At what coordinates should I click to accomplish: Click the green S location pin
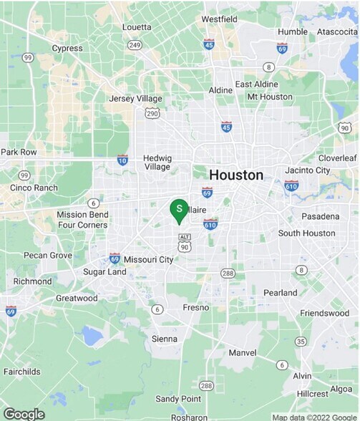click(179, 209)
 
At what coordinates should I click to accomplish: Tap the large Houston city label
click(235, 175)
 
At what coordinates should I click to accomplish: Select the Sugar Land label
click(104, 272)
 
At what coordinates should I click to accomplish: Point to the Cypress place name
click(67, 49)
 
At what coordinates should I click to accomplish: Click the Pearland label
click(280, 293)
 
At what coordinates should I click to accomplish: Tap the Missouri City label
click(148, 260)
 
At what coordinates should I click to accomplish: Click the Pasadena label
click(320, 216)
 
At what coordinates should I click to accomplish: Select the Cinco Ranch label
click(34, 188)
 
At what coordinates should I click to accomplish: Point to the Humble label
click(292, 32)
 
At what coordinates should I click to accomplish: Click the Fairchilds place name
click(22, 372)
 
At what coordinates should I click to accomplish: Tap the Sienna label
click(165, 339)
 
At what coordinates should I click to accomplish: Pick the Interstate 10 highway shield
click(122, 160)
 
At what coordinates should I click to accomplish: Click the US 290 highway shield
click(152, 113)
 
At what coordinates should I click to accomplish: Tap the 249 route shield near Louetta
click(134, 45)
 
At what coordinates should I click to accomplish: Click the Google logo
click(24, 414)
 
